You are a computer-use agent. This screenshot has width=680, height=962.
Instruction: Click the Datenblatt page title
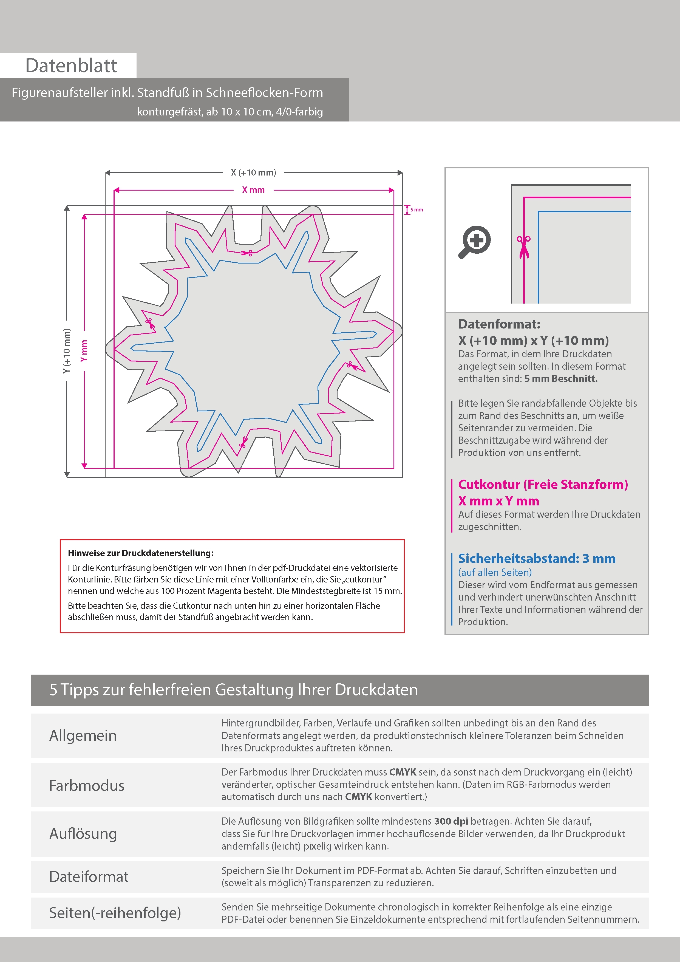click(71, 66)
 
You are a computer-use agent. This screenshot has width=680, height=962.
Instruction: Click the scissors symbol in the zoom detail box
click(523, 247)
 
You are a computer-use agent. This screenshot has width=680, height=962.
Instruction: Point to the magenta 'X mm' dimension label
click(253, 190)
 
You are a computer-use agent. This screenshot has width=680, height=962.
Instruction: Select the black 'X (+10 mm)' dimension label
click(253, 172)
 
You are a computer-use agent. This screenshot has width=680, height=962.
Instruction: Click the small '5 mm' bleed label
click(416, 210)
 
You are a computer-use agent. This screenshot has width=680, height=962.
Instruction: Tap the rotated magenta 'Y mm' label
click(84, 351)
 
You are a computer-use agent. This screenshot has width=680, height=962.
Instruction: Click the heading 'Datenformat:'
click(499, 324)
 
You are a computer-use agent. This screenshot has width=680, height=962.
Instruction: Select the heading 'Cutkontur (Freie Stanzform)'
click(543, 484)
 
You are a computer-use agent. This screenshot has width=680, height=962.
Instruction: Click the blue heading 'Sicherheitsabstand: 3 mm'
click(536, 559)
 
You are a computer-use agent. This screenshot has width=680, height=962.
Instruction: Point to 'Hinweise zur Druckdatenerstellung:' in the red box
click(141, 553)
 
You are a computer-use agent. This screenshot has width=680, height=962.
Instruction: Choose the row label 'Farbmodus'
click(87, 786)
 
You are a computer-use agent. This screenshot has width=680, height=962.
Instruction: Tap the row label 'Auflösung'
click(83, 833)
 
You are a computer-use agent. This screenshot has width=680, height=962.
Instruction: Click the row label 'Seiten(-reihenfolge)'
click(115, 913)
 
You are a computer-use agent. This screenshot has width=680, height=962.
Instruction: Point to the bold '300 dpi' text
click(451, 821)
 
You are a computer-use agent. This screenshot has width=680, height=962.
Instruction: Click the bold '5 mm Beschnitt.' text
click(561, 379)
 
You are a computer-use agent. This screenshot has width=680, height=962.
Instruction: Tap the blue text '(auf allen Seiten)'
click(495, 572)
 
